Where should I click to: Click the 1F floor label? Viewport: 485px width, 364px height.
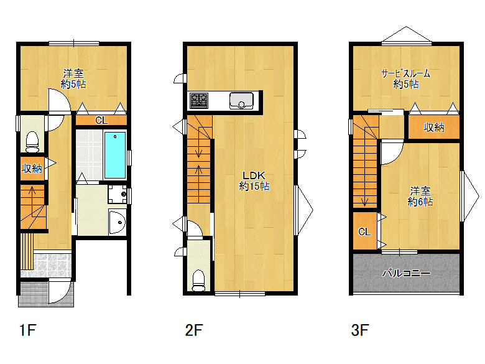pos(28,330)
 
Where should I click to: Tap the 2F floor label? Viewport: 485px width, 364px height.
pos(193,330)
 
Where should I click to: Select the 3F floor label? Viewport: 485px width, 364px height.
pos(360,330)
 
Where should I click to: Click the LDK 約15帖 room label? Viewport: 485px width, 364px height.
pos(254,181)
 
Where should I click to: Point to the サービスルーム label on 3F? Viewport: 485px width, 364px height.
pos(406,73)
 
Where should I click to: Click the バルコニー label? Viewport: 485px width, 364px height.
pos(406,273)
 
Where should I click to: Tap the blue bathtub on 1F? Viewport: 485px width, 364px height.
pos(115,155)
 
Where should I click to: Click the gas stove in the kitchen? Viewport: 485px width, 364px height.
pos(199,101)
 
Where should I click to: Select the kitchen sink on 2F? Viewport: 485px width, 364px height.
pos(241,101)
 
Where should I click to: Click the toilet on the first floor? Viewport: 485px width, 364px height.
pos(32,142)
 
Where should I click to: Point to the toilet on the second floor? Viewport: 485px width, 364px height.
pos(198,281)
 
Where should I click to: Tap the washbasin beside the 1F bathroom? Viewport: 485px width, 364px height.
pos(118,222)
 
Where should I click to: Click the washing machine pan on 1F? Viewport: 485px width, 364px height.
pos(118,194)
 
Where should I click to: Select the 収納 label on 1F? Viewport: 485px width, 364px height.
pos(32,169)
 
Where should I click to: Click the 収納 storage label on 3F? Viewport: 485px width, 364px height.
pos(434,127)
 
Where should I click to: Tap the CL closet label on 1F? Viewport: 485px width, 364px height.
pos(101,120)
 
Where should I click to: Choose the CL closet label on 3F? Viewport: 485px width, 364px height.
pos(364,231)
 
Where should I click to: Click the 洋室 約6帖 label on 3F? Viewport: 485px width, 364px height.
pos(420,196)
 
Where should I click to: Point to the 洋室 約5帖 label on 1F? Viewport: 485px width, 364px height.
pos(73,78)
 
